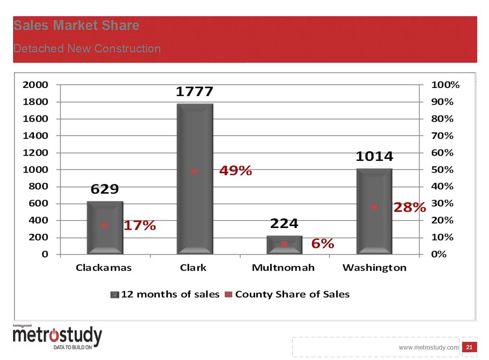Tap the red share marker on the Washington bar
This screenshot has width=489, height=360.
[374, 207]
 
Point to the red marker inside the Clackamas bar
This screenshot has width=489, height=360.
[105, 225]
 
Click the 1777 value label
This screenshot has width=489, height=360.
[194, 92]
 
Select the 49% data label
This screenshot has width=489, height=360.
[236, 171]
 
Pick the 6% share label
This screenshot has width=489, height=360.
[323, 244]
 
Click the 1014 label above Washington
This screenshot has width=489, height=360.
[374, 156]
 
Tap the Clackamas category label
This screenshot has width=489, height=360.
[104, 268]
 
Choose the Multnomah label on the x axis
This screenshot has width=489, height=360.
[283, 268]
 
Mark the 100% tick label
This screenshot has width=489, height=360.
[445, 85]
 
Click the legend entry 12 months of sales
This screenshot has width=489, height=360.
[165, 294]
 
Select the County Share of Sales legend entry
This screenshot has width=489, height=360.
[288, 294]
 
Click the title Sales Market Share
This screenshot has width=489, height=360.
[76, 26]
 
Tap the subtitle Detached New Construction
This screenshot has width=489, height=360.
[87, 48]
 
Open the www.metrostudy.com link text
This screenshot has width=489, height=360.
[428, 347]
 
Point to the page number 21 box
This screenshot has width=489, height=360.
[469, 347]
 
